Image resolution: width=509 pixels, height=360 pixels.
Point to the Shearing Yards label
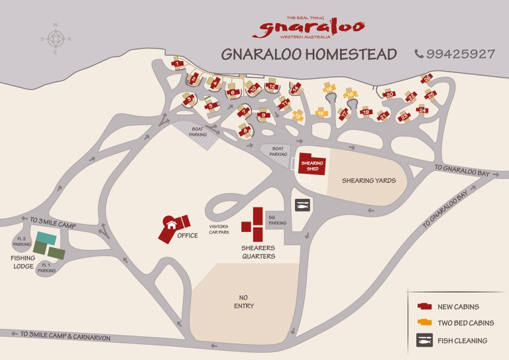pos(368,180)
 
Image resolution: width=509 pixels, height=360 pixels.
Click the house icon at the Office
pos(172,225)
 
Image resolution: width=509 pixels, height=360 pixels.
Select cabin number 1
pos(177,64)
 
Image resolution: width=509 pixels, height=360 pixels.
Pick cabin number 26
pos(427,79)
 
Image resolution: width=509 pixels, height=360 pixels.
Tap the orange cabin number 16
pos(329,89)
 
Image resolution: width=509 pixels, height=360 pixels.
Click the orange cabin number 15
pos(320,113)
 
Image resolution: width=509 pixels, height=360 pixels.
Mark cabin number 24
pos(422,110)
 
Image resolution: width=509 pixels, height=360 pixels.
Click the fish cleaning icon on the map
pos(302,205)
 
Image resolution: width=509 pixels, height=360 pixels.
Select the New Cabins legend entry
pos(458,306)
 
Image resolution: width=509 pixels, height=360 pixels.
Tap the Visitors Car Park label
pos(219,229)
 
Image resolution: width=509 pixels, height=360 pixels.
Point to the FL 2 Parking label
pos(21,241)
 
